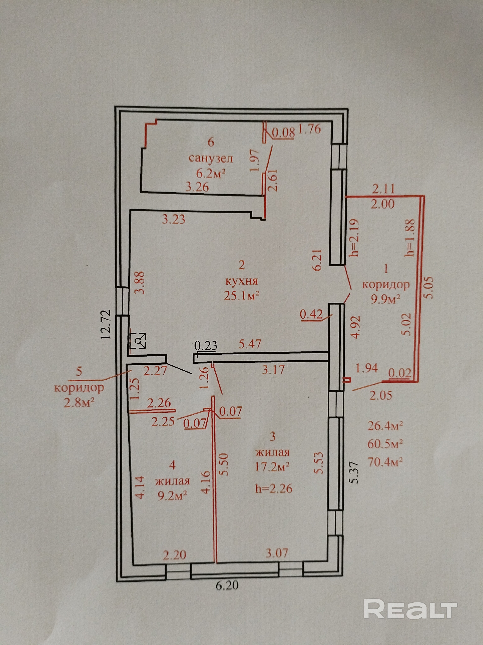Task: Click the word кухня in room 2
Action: coord(241,282)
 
